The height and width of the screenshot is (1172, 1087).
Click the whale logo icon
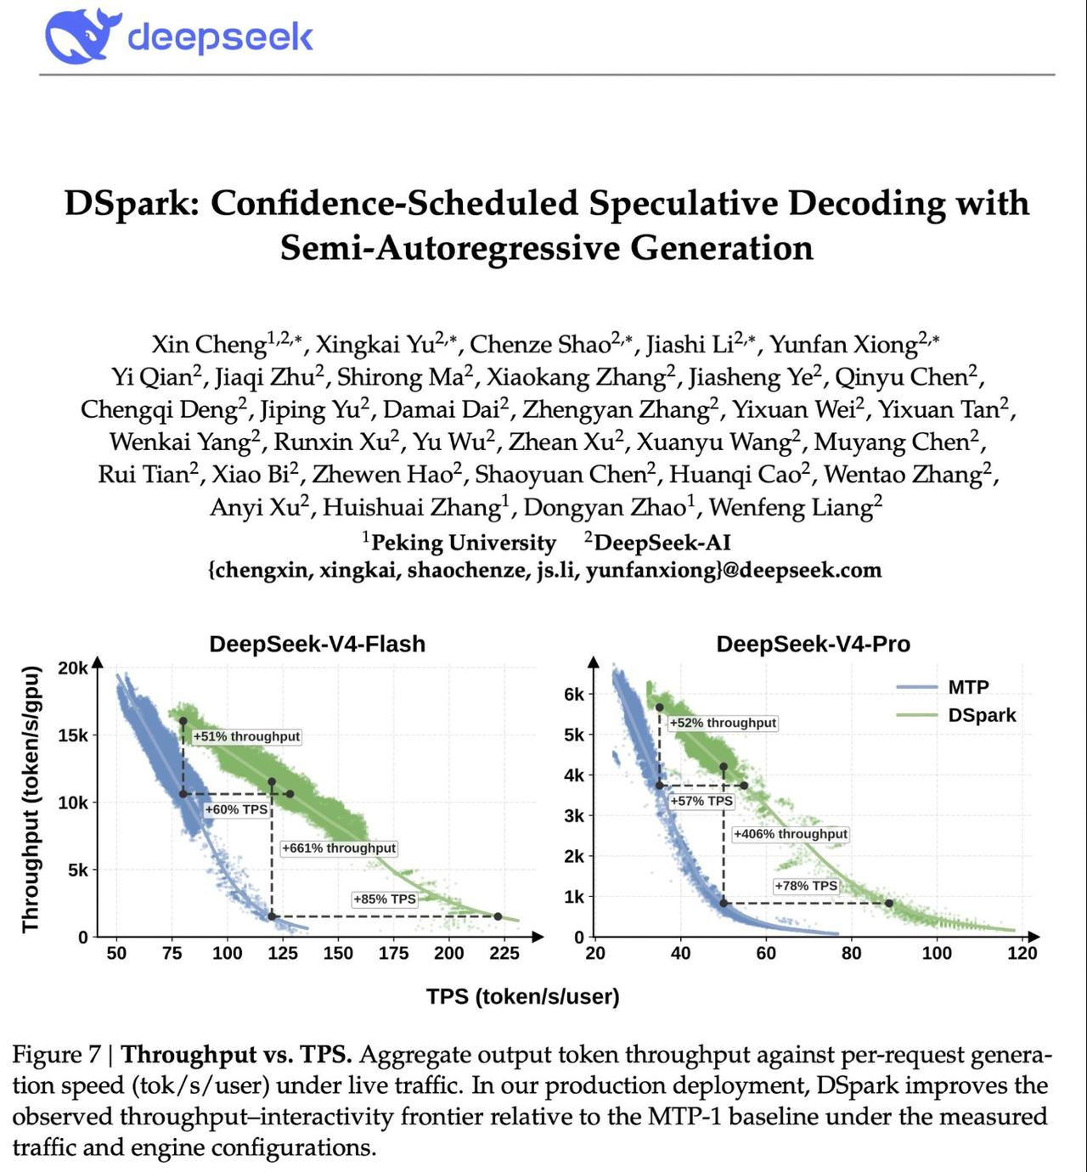pyautogui.click(x=83, y=36)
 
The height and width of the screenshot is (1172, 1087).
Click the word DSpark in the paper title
pyautogui.click(x=132, y=204)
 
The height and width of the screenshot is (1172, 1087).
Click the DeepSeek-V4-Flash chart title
pyautogui.click(x=318, y=644)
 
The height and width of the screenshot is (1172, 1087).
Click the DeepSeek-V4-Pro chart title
pyautogui.click(x=814, y=644)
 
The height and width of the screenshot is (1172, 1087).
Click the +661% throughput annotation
pyautogui.click(x=339, y=848)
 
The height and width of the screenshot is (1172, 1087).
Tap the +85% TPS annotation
pyautogui.click(x=385, y=899)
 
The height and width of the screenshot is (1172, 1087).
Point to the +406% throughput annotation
pyautogui.click(x=791, y=835)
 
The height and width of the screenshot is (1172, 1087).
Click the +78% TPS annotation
pyautogui.click(x=806, y=887)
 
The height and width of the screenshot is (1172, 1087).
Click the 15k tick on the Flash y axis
pyautogui.click(x=72, y=735)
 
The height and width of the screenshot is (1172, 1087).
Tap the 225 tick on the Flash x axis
pyautogui.click(x=504, y=954)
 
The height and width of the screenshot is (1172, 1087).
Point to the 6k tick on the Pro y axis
pyautogui.click(x=574, y=695)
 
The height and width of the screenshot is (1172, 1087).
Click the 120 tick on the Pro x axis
pyautogui.click(x=1022, y=954)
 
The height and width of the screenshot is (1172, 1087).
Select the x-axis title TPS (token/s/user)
pyautogui.click(x=523, y=997)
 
